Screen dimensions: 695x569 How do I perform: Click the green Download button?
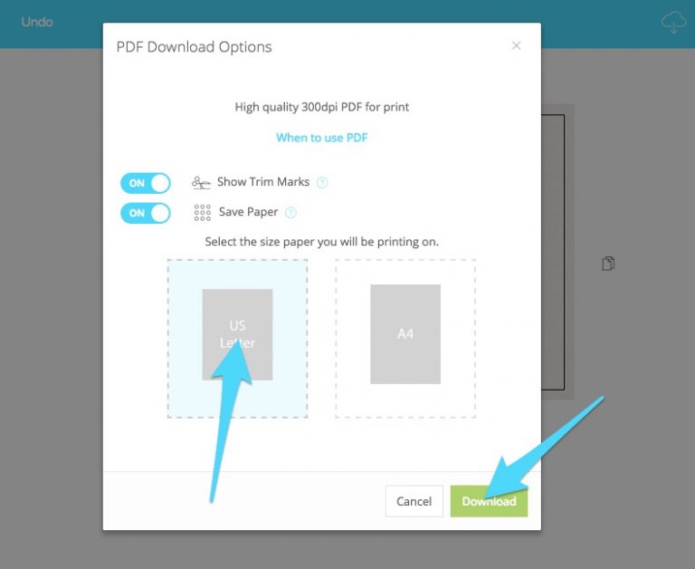[x=489, y=501]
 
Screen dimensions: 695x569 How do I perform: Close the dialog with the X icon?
[x=516, y=45]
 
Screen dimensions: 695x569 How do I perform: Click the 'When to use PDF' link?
[x=322, y=138]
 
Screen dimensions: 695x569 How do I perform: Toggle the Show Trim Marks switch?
[x=146, y=183]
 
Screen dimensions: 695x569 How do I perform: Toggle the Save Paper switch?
[x=146, y=213]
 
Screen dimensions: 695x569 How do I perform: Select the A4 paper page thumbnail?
[x=405, y=334]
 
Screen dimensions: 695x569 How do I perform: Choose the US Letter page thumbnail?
[x=237, y=334]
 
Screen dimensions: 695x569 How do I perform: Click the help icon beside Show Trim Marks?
[x=322, y=182]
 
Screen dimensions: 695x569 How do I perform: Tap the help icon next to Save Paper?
[x=290, y=213]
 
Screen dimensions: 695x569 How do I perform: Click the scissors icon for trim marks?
[x=201, y=182]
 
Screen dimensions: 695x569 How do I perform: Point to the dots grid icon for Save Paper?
[x=202, y=213]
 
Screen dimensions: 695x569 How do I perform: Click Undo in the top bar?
[x=37, y=22]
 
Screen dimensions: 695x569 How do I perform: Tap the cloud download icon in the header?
[x=673, y=22]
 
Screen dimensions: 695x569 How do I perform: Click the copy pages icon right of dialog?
[x=608, y=263]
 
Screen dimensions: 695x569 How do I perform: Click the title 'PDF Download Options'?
[x=194, y=46]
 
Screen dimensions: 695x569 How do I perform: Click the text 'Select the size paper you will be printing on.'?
[x=322, y=242]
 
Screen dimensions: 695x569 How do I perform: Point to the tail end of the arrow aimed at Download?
[x=602, y=398]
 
